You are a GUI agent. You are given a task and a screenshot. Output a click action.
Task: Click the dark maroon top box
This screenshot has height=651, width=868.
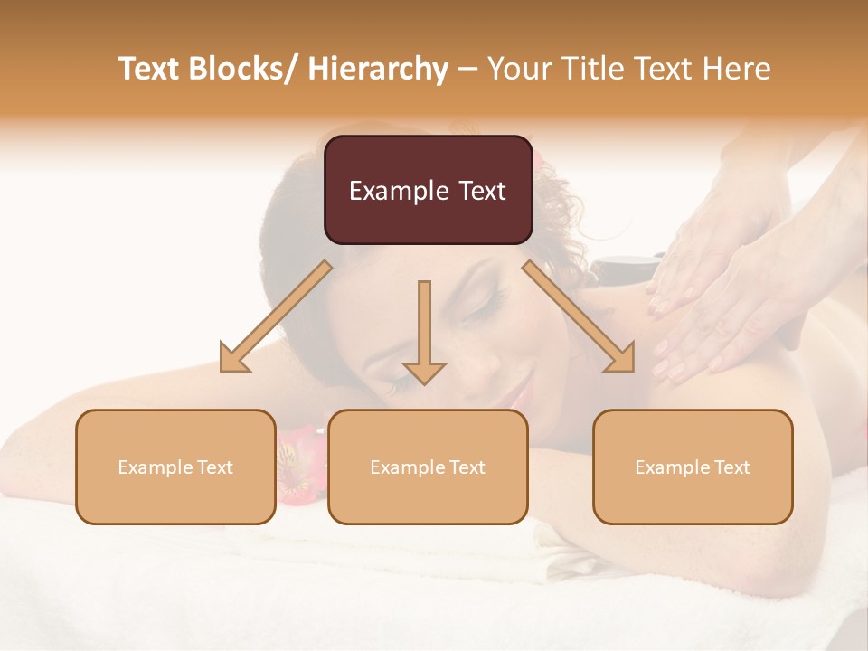pos(428,190)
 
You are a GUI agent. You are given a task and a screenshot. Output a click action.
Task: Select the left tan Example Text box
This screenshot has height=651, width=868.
pos(175,467)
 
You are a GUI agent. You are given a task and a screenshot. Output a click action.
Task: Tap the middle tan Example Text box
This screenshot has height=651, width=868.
pos(428,467)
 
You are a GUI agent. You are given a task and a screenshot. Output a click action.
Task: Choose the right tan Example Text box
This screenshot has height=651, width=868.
pos(693,467)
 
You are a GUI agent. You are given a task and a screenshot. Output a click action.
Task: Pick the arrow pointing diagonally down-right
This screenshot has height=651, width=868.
pos(579,316)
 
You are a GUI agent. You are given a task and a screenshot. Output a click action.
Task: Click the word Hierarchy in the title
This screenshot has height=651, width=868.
pos(378,69)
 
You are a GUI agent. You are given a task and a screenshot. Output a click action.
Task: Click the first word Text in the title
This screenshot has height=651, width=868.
pos(152,69)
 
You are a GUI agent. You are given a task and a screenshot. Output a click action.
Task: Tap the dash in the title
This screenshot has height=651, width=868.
pos(467,69)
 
